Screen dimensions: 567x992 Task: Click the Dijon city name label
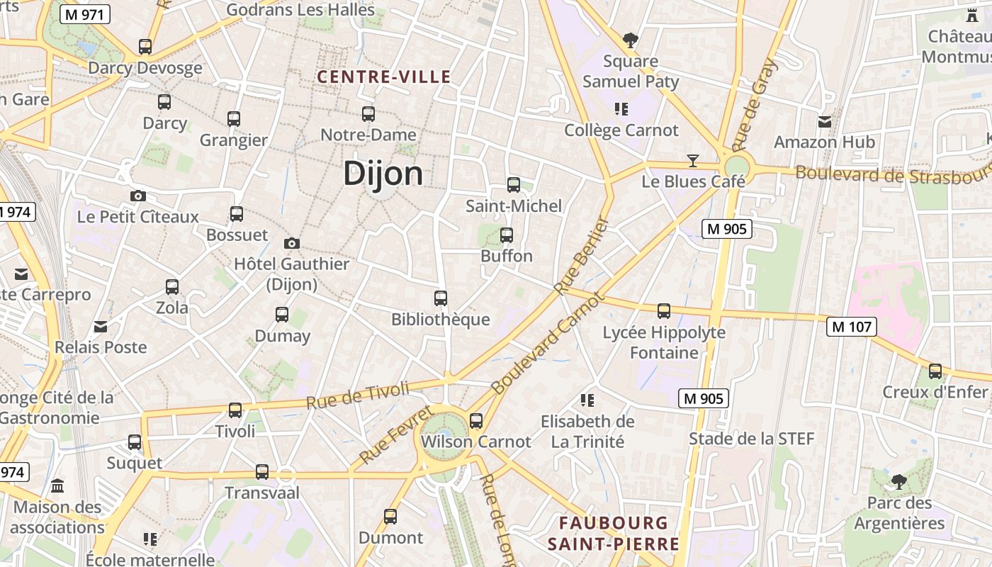point(383,174)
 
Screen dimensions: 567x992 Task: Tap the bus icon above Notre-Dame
point(368,113)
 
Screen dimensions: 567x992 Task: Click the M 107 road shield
point(852,327)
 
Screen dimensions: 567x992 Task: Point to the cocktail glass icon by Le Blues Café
point(693,161)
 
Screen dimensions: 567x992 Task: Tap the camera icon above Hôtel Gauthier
point(291,243)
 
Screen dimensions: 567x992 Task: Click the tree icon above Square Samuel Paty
point(630,40)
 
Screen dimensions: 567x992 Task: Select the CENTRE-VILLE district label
point(383,77)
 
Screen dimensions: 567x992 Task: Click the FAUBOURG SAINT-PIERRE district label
point(613,534)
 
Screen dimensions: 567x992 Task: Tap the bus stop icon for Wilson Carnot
point(476,420)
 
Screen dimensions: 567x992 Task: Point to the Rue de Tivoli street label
point(358,395)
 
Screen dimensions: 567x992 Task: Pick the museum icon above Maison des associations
point(57,486)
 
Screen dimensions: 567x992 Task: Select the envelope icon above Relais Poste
point(101,326)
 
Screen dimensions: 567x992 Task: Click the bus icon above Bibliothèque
point(441,298)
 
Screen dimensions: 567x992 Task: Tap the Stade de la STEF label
point(752,439)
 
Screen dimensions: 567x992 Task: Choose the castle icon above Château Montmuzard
point(971,15)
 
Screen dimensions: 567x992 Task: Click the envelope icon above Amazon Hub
point(825,121)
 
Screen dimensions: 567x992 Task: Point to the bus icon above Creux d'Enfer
point(935,371)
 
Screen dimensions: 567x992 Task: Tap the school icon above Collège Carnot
point(621,109)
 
